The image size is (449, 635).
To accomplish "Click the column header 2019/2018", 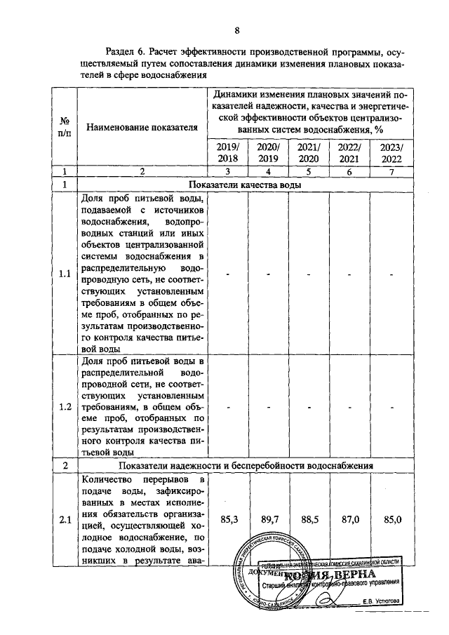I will (229, 153).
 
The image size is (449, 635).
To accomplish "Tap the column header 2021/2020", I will (309, 153).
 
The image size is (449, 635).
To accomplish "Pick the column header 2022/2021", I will (349, 153).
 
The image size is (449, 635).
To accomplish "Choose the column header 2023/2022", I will (391, 153).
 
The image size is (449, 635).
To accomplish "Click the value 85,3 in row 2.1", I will (229, 520).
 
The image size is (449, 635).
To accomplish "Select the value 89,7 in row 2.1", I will (269, 520).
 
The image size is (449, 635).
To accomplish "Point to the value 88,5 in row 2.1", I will (309, 520).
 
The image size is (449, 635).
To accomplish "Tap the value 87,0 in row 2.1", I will (349, 520).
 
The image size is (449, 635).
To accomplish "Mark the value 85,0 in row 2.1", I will (391, 520).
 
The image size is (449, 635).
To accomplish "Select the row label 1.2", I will (65, 407).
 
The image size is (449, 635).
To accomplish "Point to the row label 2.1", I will (65, 520).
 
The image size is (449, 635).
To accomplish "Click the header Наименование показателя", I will (142, 127).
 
